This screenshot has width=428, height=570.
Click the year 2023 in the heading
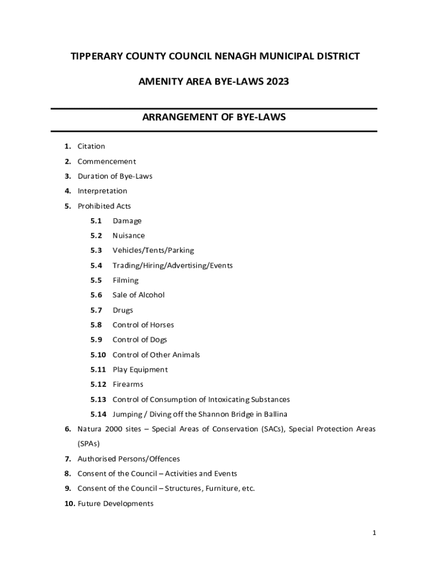(x=277, y=82)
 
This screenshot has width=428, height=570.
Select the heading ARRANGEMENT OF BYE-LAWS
(x=214, y=117)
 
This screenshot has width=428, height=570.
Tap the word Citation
(x=91, y=146)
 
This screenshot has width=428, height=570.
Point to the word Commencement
(x=107, y=161)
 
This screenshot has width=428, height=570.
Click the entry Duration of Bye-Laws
(x=115, y=176)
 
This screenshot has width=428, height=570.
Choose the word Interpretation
(x=102, y=191)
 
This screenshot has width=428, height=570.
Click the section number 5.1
(x=96, y=221)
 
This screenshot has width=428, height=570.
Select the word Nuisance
(x=128, y=235)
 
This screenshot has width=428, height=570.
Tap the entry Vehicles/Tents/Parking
(x=153, y=250)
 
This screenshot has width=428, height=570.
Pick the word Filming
(x=126, y=281)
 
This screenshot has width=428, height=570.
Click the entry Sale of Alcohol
(x=138, y=295)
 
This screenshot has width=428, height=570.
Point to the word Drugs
(x=123, y=310)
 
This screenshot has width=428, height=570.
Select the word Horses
(x=162, y=325)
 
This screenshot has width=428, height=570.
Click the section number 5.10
(x=98, y=355)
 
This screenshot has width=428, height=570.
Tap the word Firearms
(x=128, y=385)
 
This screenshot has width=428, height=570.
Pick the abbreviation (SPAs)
(x=89, y=444)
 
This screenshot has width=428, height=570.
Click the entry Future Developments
(x=116, y=504)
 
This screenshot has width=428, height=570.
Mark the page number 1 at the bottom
(x=375, y=533)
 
